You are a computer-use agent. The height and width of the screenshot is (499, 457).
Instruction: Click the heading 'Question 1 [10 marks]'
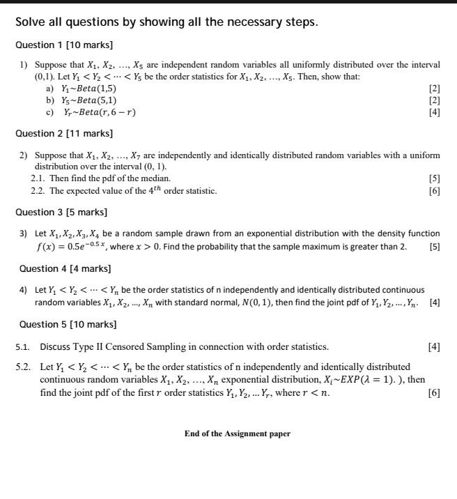click(x=63, y=45)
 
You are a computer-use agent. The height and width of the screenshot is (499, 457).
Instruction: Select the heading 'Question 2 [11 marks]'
click(x=63, y=133)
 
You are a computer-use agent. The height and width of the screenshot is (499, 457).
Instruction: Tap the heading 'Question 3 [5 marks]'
click(x=61, y=212)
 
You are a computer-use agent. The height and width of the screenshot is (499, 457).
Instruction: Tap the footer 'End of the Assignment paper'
click(x=237, y=433)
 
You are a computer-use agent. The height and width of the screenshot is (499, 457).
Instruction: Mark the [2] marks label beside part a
click(x=435, y=89)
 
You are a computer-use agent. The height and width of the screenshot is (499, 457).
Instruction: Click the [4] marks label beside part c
click(x=435, y=112)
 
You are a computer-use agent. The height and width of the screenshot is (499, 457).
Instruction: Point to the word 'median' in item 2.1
click(x=155, y=178)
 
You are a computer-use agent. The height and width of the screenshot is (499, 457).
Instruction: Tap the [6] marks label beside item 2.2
click(x=435, y=190)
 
